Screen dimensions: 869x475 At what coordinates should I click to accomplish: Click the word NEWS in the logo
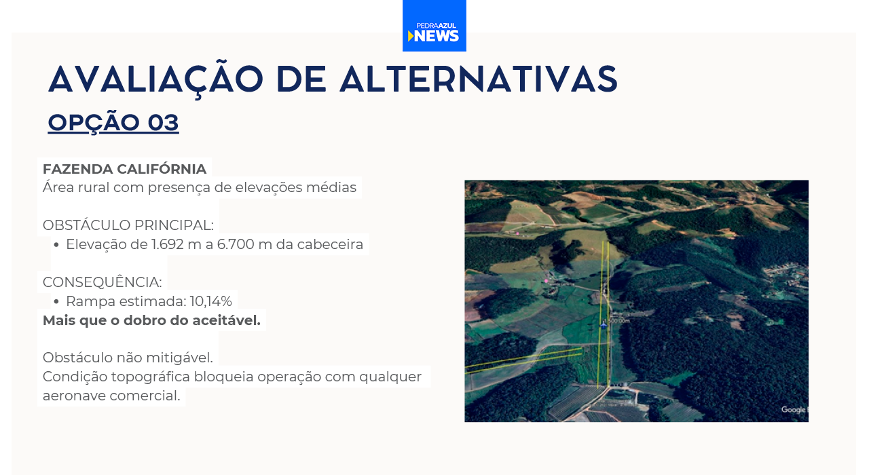437,36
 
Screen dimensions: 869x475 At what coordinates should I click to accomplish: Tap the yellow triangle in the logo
411,36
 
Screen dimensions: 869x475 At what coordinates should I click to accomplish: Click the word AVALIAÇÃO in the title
156,79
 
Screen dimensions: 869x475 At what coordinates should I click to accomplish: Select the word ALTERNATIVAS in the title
479,79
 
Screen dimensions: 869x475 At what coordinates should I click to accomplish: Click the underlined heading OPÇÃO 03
113,123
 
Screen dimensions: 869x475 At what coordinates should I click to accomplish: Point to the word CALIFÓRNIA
162,169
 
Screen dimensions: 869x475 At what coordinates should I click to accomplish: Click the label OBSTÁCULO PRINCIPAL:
128,225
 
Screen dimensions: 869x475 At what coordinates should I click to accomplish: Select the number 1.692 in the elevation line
167,244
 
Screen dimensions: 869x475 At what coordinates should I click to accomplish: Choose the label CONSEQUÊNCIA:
102,282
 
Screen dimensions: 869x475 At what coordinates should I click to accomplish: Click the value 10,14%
210,301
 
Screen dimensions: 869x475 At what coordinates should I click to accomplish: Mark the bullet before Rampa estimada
56,302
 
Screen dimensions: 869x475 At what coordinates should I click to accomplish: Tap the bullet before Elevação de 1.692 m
56,245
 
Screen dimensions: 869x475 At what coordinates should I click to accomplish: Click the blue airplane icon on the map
604,324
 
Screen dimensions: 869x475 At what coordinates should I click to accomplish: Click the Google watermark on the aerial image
794,409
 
